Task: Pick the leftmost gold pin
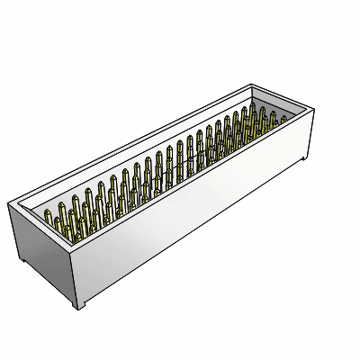48,216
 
